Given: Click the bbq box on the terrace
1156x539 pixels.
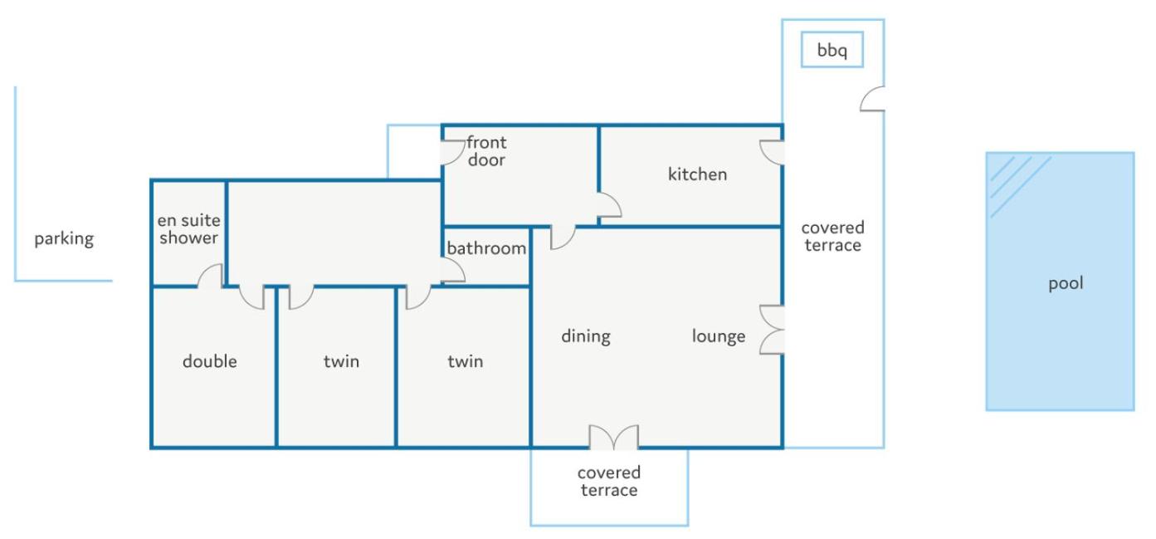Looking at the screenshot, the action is [x=832, y=50].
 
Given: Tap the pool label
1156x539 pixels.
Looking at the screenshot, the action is [x=1066, y=283].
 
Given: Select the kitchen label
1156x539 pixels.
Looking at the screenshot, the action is [x=697, y=174].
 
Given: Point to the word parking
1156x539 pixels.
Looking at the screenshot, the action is [x=64, y=238].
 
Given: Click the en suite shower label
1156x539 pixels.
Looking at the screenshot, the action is [x=189, y=228].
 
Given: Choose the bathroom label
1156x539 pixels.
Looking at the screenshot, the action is [x=486, y=248].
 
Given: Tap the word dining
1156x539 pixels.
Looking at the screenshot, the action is [x=586, y=336].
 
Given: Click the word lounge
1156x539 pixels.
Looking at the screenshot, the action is [x=719, y=336].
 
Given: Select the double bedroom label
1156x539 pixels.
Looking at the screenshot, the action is [x=209, y=361].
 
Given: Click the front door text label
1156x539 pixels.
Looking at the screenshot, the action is [x=486, y=151].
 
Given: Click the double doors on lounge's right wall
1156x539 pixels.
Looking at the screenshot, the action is [x=772, y=330].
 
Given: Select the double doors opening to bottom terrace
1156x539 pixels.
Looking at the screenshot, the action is [x=613, y=437].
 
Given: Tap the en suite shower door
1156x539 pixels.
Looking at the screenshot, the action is [x=210, y=275].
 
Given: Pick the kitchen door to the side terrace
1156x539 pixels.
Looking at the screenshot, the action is [x=772, y=153].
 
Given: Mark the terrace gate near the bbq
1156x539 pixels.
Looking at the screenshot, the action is [x=872, y=98].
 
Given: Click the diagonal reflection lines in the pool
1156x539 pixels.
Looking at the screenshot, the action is [x=1017, y=184].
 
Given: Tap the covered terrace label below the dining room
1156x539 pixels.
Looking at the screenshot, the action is [x=609, y=481].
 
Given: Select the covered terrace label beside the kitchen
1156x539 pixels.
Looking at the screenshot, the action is [x=832, y=236].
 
